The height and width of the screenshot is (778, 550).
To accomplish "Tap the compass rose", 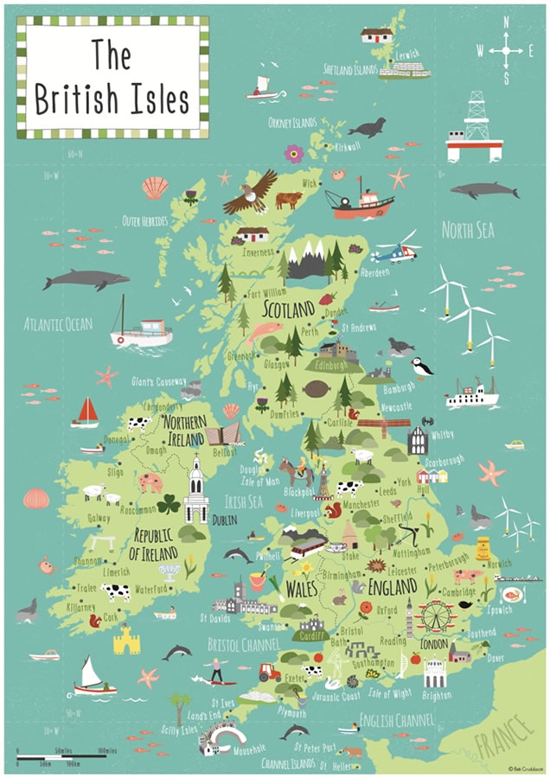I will pyautogui.click(x=505, y=51).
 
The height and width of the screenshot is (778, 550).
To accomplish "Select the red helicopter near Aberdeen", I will pyautogui.click(x=394, y=252).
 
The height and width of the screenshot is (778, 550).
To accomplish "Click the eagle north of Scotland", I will pyautogui.click(x=251, y=193).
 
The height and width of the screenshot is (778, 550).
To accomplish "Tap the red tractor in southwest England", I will pyautogui.click(x=269, y=671).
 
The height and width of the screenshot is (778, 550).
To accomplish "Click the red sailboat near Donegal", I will pyautogui.click(x=86, y=412).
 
